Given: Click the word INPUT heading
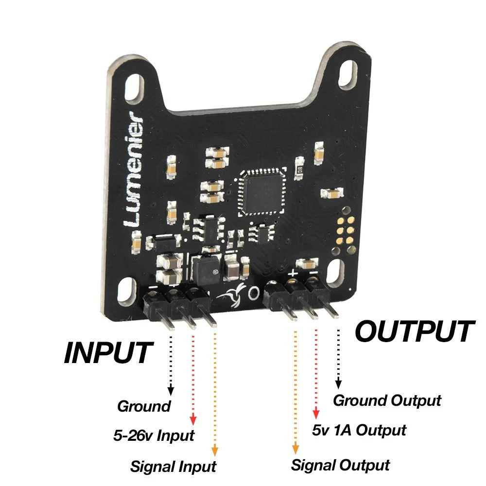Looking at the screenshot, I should [108, 353].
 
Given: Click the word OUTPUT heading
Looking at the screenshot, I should [414, 332].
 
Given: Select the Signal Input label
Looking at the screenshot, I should [173, 467].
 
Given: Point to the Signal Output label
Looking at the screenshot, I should [340, 465].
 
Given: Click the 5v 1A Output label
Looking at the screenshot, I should [358, 430].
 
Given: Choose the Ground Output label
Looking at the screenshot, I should [387, 400].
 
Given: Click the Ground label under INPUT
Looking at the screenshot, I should [144, 406].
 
